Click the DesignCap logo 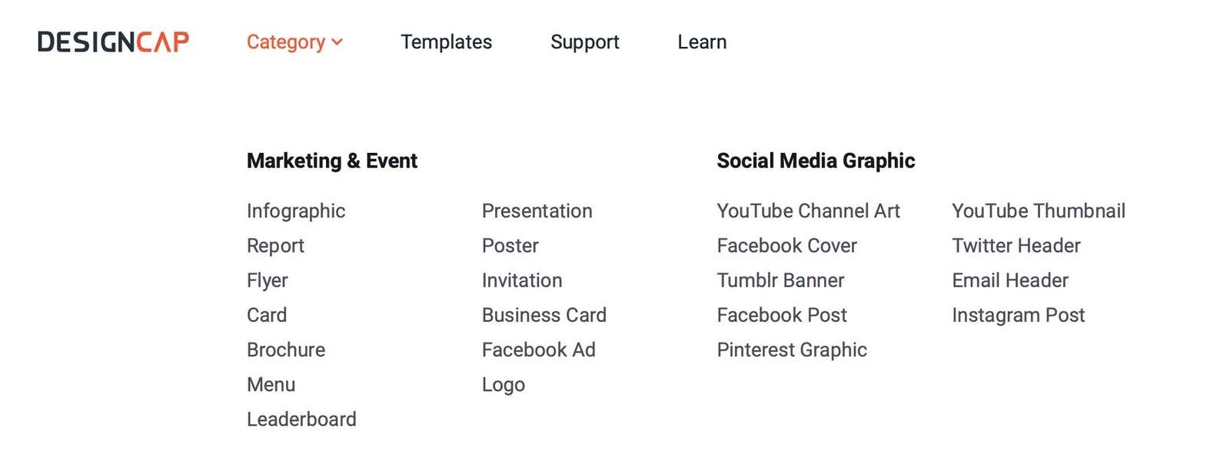tap(113, 42)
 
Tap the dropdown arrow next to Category tap(337, 41)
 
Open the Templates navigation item tap(446, 42)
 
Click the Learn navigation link tap(702, 42)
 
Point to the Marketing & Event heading tap(332, 161)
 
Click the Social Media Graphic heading tap(816, 161)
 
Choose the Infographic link tap(296, 211)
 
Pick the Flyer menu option tap(268, 281)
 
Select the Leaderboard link tap(301, 419)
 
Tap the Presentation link tap(537, 211)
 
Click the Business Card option tap(544, 316)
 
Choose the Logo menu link tap(504, 385)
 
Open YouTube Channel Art tap(808, 211)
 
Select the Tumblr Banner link tap(781, 281)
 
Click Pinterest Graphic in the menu tap(792, 350)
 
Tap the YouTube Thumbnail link tap(1039, 211)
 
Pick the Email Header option tap(1010, 281)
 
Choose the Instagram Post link tap(1019, 316)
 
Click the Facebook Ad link tap(539, 350)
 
